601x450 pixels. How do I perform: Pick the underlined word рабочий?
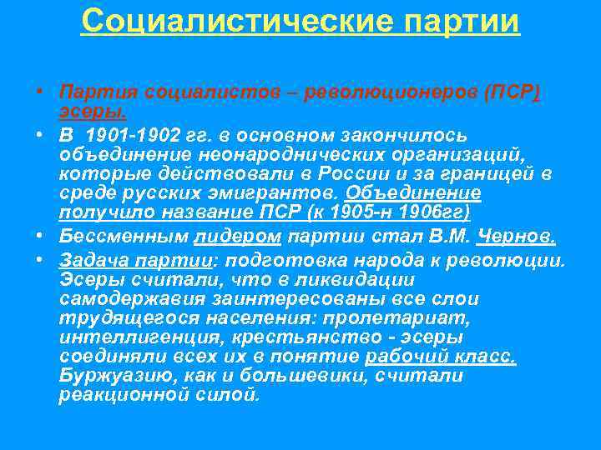pos(404,357)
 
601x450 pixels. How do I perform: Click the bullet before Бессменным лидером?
pos(39,235)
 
